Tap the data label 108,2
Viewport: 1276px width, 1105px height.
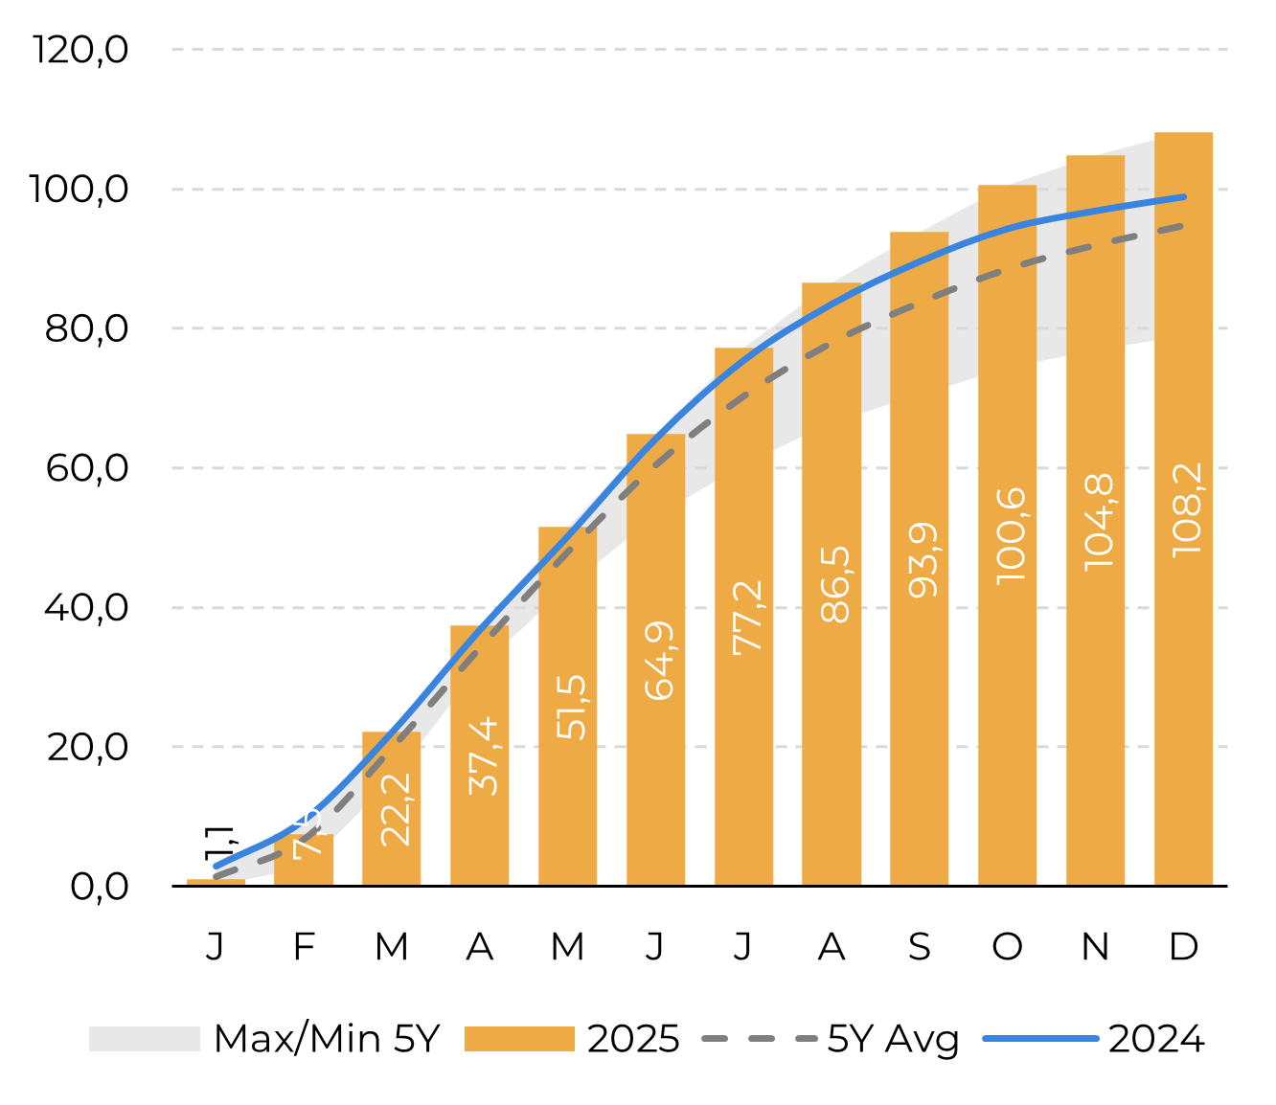pos(1186,508)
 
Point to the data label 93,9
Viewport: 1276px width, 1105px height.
pos(923,561)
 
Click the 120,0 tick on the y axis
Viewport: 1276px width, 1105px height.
pos(80,49)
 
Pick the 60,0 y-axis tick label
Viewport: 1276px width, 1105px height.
pos(86,468)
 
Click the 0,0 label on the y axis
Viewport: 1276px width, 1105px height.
pos(99,887)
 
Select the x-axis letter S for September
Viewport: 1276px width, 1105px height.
pos(920,947)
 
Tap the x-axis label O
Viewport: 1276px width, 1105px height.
pos(1007,947)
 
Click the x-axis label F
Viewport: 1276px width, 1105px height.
pos(304,947)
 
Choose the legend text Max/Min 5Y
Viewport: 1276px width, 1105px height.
pos(327,1039)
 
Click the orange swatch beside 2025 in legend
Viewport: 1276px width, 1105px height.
pos(519,1039)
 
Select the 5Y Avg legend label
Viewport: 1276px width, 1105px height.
pos(893,1039)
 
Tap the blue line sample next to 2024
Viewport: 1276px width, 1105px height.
pos(1040,1039)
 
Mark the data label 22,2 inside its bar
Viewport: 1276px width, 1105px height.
pos(395,809)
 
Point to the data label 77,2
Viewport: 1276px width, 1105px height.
pos(747,618)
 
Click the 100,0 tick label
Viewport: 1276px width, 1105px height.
pos(79,189)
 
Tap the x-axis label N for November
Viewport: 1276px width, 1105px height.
pos(1095,947)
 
